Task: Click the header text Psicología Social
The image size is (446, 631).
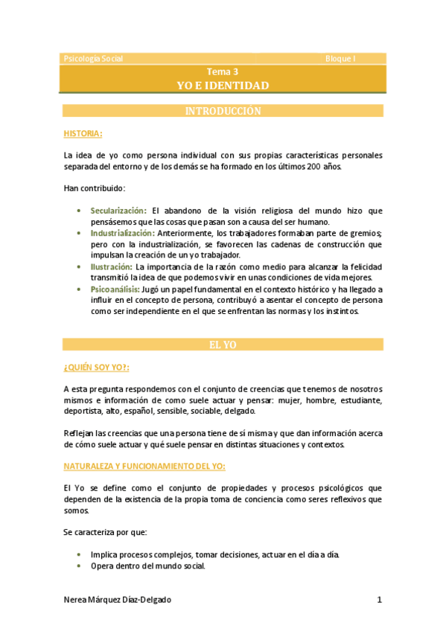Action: (94, 58)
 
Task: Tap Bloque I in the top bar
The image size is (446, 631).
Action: (341, 58)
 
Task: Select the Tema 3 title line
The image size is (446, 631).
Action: (223, 72)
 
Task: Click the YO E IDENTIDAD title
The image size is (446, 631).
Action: (223, 86)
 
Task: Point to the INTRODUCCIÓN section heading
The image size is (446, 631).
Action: (223, 111)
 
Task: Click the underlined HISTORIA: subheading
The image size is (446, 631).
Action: (83, 133)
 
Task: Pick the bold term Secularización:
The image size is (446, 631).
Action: (118, 211)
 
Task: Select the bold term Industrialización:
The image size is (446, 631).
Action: (123, 233)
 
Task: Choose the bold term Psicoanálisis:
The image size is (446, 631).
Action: (115, 289)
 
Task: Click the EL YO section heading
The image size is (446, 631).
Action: (223, 345)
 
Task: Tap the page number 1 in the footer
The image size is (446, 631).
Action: (379, 600)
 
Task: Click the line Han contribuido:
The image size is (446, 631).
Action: (95, 188)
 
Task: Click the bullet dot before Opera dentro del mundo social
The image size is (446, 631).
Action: (80, 566)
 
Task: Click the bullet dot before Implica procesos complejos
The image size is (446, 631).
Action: (80, 555)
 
